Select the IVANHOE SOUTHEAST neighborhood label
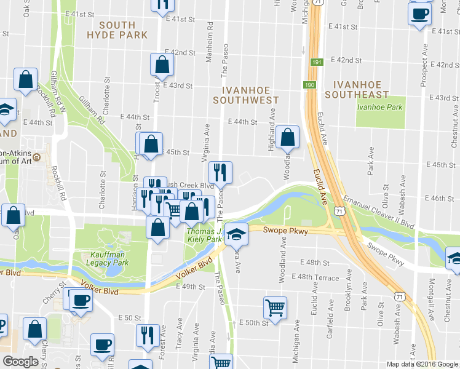357,90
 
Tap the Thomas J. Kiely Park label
204,235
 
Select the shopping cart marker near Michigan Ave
275,307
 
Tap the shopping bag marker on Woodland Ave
287,137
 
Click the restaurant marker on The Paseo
220,172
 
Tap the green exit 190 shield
309,84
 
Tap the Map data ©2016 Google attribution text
422,364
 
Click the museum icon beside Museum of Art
37,157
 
